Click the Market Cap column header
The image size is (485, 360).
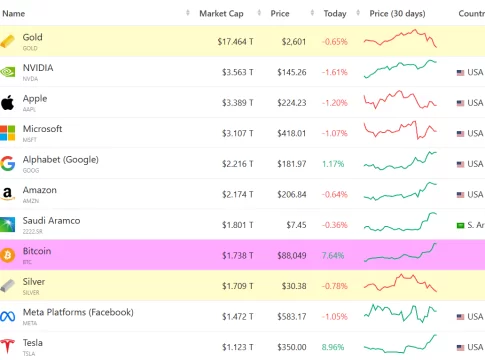[221, 14]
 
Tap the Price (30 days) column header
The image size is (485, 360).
[397, 14]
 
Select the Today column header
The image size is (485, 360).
[335, 14]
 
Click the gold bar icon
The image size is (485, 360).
[7, 41]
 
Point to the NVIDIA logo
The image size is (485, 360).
[7, 72]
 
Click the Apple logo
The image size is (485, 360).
[7, 102]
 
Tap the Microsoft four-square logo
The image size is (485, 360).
[7, 133]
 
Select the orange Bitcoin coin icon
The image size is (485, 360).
[7, 255]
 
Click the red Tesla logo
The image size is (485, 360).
[7, 346]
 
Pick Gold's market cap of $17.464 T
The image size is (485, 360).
[235, 42]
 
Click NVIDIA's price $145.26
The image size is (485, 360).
[292, 72]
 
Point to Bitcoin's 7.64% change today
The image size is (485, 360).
[333, 256]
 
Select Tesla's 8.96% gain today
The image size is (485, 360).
[333, 347]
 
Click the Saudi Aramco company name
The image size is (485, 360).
[51, 221]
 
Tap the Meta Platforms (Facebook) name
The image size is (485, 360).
[78, 312]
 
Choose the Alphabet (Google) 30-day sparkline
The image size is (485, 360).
[400, 161]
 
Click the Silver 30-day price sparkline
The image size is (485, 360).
[400, 283]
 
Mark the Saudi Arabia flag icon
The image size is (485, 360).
[460, 226]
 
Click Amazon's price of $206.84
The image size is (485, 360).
[292, 194]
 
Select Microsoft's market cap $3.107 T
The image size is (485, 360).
[238, 133]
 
